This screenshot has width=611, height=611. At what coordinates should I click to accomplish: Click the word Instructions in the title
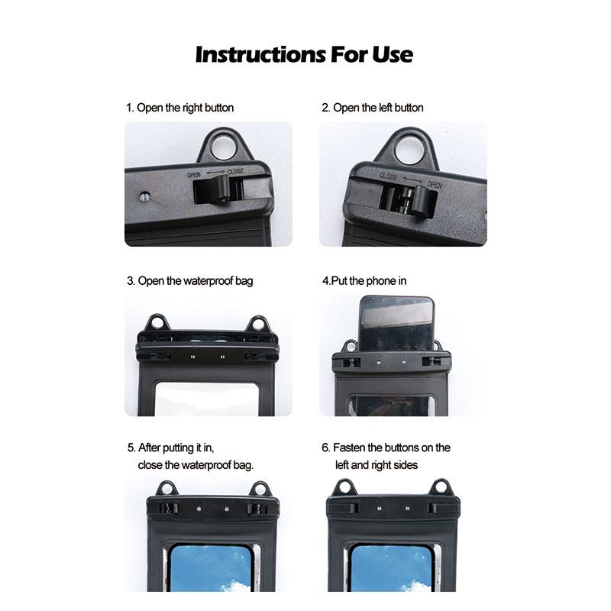[x=260, y=54]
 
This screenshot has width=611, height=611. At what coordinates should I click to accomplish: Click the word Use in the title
[x=393, y=54]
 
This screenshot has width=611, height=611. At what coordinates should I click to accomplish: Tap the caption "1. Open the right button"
[x=179, y=108]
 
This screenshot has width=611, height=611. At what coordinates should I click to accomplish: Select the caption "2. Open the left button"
[x=373, y=108]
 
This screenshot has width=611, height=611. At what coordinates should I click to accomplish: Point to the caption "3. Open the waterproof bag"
[x=189, y=281]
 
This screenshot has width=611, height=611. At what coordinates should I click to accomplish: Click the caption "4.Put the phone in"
[x=364, y=281]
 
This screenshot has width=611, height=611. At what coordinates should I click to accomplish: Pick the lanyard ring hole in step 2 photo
[x=409, y=150]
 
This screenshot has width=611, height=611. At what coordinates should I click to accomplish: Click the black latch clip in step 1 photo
[x=212, y=189]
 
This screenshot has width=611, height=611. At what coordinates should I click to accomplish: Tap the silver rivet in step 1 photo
[x=144, y=197]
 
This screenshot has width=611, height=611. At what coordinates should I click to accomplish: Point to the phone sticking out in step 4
[x=396, y=323]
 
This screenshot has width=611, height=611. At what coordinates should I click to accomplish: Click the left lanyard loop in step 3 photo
[x=157, y=324]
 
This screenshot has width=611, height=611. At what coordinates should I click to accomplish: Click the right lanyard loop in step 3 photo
[x=257, y=325]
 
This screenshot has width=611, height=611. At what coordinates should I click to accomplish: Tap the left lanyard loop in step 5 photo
[x=166, y=489]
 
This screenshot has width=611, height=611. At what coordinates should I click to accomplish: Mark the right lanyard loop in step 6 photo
[x=441, y=487]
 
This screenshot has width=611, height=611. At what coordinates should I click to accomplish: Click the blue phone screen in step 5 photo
[x=211, y=568]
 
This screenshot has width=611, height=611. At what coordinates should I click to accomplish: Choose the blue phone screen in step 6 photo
[x=391, y=568]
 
